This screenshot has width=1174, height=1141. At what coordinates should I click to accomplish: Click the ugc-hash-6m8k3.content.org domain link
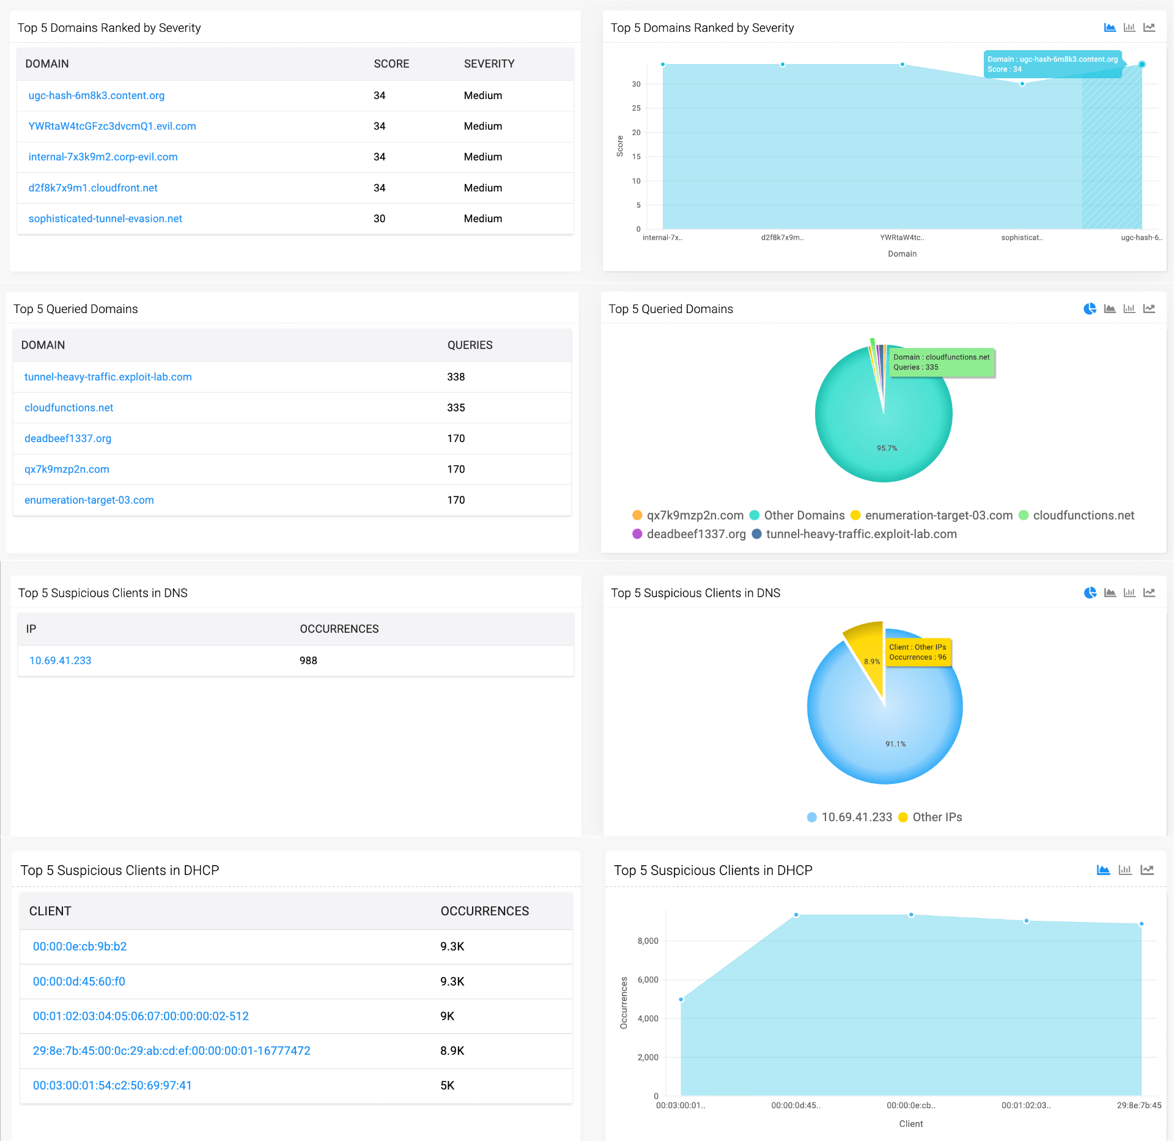click(x=96, y=95)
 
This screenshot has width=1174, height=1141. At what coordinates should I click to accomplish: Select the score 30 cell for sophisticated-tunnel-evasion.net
click(x=379, y=218)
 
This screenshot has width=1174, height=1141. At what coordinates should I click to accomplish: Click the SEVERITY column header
click(x=489, y=64)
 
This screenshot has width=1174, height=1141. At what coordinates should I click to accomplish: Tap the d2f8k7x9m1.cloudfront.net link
click(x=92, y=188)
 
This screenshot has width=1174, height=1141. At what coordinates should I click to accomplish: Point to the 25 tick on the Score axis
click(x=636, y=108)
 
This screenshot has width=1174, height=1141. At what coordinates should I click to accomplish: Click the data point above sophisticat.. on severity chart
click(x=1022, y=84)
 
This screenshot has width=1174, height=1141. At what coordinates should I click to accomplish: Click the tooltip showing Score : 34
click(x=1052, y=64)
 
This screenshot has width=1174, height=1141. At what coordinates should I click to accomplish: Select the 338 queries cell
click(x=456, y=377)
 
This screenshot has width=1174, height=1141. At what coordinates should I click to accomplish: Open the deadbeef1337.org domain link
click(x=67, y=438)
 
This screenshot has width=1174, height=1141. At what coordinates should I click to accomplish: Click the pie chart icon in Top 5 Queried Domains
click(x=1090, y=309)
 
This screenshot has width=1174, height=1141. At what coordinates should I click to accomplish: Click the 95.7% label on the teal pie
click(x=887, y=448)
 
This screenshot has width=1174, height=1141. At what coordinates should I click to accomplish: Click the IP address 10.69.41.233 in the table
click(x=60, y=660)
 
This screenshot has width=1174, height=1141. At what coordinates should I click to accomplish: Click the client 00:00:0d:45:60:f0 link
click(x=79, y=981)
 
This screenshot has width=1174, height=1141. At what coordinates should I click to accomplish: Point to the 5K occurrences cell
click(x=447, y=1085)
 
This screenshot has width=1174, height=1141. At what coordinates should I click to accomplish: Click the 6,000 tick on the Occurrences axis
click(x=648, y=980)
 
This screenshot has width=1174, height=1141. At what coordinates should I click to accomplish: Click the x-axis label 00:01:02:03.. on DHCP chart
click(x=1025, y=1106)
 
